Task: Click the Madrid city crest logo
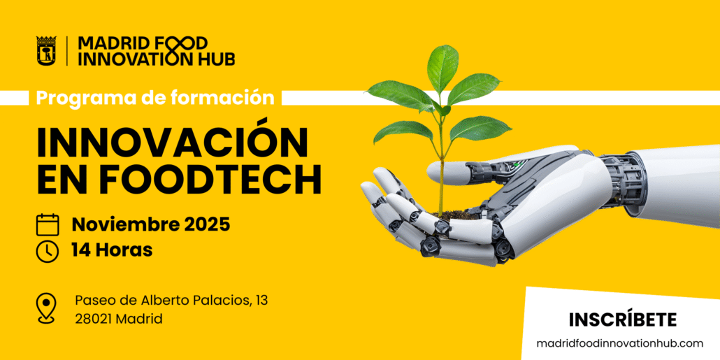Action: coord(46,50)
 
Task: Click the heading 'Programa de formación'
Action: coord(155,97)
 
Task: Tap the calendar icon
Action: coord(48,224)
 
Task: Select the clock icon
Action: coord(48,251)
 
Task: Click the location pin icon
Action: coord(47,308)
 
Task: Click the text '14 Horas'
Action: coord(112,250)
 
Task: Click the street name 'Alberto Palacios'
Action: coord(199,301)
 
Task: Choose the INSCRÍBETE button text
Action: coord(623,319)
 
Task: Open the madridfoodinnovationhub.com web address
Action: coord(620,343)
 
